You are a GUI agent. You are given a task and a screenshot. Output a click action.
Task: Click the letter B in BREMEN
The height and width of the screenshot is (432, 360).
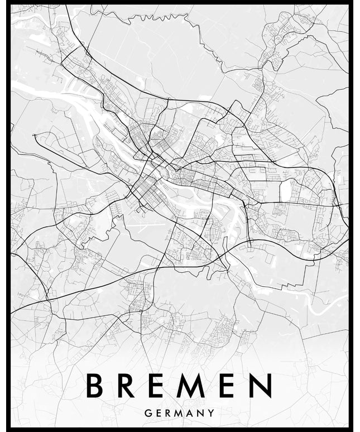(x=95, y=386)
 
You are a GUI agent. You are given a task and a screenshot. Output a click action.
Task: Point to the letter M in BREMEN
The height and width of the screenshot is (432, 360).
(x=193, y=386)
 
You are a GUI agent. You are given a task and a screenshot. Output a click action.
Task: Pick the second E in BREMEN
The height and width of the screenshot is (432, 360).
(x=227, y=386)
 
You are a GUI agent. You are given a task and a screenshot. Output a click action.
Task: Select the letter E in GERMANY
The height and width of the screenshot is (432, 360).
(x=159, y=414)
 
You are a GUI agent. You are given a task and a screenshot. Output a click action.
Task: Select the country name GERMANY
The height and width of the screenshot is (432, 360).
(x=179, y=414)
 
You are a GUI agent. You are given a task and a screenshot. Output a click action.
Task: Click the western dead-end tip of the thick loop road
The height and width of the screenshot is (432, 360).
(x=35, y=135)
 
